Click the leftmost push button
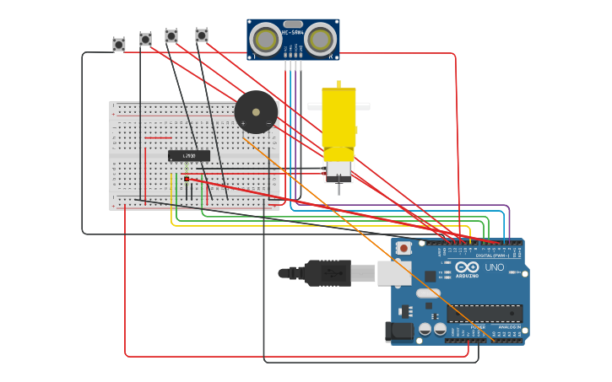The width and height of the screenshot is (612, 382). coord(119,44)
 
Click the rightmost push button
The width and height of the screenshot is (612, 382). coord(202,35)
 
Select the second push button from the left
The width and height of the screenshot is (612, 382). coord(145,39)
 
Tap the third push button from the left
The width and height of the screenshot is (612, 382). coord(171,36)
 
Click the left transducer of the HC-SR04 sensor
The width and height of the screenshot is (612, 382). coord(266,40)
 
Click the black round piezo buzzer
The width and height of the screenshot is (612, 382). coord(256,112)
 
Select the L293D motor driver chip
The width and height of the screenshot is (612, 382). coord(188,155)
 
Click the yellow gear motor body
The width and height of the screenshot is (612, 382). coord(338,118)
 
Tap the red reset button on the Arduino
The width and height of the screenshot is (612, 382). coord(403,248)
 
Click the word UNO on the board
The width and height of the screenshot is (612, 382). coord(495,267)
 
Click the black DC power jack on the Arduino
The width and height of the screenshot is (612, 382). coord(399,331)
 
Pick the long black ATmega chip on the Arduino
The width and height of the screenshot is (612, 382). coord(485,313)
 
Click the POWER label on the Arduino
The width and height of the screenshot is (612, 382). coord(478,326)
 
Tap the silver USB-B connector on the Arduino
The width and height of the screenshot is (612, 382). coord(393,272)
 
